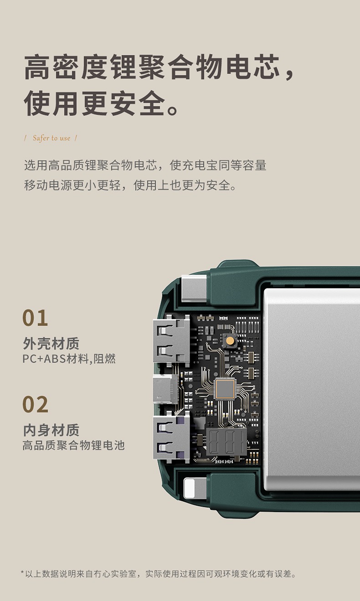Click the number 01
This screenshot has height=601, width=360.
point(35,318)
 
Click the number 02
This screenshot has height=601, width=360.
point(36,404)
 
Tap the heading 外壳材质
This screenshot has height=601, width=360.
point(51,343)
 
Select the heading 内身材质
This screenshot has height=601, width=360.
point(51,430)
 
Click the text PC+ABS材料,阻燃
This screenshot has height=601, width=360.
point(69,359)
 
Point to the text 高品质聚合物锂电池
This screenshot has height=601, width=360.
point(73,445)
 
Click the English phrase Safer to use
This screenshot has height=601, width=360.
point(51,138)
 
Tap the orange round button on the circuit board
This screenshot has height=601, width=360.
point(230,340)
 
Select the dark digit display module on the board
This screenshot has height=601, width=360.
point(226,442)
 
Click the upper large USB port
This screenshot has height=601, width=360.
point(171,341)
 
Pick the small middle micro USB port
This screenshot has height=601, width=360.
point(165,389)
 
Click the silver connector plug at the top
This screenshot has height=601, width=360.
point(194,288)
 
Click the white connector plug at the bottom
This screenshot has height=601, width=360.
point(195,488)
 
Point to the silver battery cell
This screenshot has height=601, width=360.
point(312,389)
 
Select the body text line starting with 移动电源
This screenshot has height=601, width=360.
point(130,185)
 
